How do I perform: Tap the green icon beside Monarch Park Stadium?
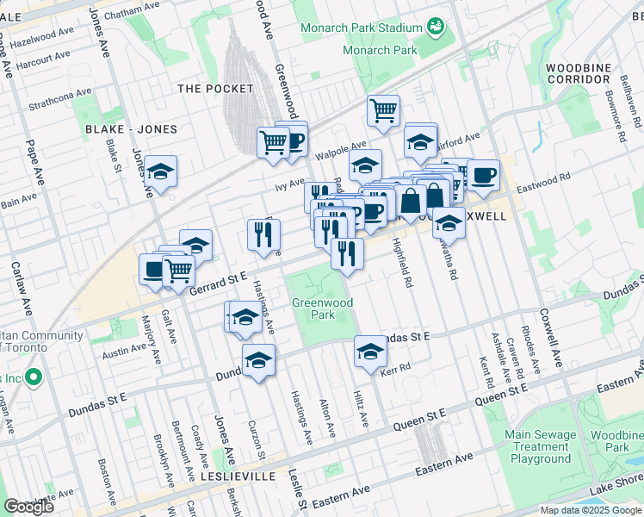click(437, 28)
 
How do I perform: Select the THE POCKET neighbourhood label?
click(215, 89)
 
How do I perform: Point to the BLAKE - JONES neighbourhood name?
click(131, 129)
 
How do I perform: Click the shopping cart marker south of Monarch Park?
click(383, 110)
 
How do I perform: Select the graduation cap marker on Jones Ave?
click(160, 171)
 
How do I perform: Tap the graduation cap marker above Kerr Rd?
click(370, 351)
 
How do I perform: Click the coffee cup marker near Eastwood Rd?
click(483, 175)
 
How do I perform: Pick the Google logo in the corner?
click(28, 506)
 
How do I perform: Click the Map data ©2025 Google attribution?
click(591, 510)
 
